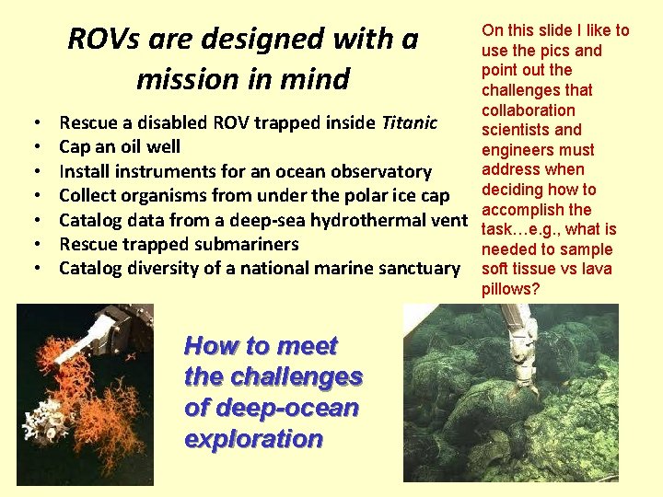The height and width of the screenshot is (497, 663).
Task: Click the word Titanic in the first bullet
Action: [409, 122]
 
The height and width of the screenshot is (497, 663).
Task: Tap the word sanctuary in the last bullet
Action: [418, 268]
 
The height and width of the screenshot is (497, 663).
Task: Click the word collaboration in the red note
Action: [529, 110]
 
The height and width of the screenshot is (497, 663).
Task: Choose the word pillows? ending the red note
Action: [510, 289]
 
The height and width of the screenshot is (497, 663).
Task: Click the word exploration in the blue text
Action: [253, 439]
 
